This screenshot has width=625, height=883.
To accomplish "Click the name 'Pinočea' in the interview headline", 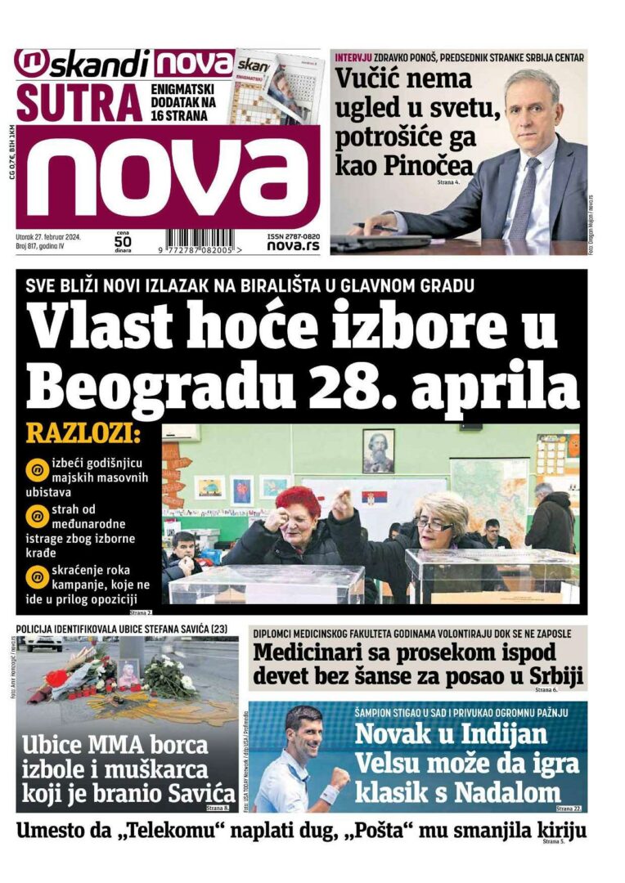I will pos(434,164).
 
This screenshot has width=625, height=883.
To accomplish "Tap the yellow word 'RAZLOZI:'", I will pos(83,434).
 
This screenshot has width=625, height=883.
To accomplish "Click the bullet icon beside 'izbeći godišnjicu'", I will pos(37,470).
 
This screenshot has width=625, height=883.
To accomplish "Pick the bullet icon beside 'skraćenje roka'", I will pos(37,576).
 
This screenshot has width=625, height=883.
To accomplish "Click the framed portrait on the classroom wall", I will pos(378,450).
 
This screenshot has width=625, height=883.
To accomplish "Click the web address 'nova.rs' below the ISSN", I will pos(292,245).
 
